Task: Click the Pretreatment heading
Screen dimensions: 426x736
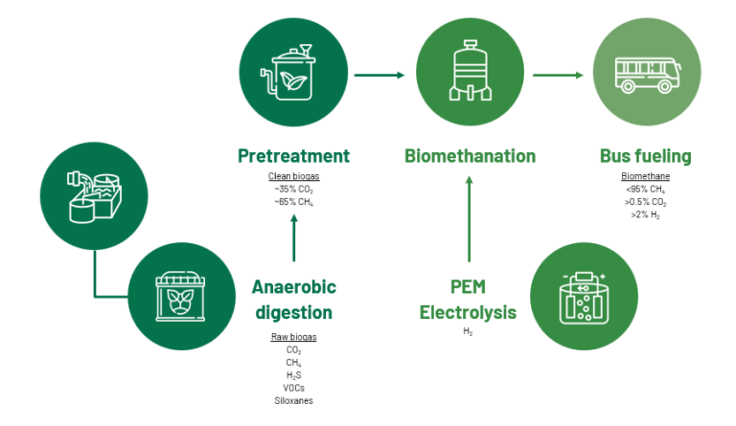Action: (x=293, y=156)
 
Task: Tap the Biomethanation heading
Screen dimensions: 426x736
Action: (x=470, y=156)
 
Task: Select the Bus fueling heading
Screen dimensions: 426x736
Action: (x=645, y=156)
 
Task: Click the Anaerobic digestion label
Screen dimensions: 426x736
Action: (x=293, y=299)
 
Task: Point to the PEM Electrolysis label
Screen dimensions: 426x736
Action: (x=470, y=299)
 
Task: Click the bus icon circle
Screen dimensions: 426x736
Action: (x=645, y=74)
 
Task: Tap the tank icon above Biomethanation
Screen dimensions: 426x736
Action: (x=470, y=74)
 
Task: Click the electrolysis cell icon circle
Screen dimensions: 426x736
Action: (x=584, y=296)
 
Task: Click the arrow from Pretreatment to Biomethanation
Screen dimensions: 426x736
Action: (x=381, y=74)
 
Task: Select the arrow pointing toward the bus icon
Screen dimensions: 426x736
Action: (x=559, y=74)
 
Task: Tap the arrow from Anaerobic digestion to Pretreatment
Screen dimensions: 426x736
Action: (x=293, y=236)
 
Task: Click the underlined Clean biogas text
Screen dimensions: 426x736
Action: (x=293, y=177)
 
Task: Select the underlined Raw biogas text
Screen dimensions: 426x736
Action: (x=293, y=337)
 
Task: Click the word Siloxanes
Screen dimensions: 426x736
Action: (x=293, y=400)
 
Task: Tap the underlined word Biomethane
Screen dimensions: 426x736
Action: (x=645, y=177)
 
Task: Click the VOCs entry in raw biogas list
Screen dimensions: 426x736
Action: (x=293, y=388)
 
